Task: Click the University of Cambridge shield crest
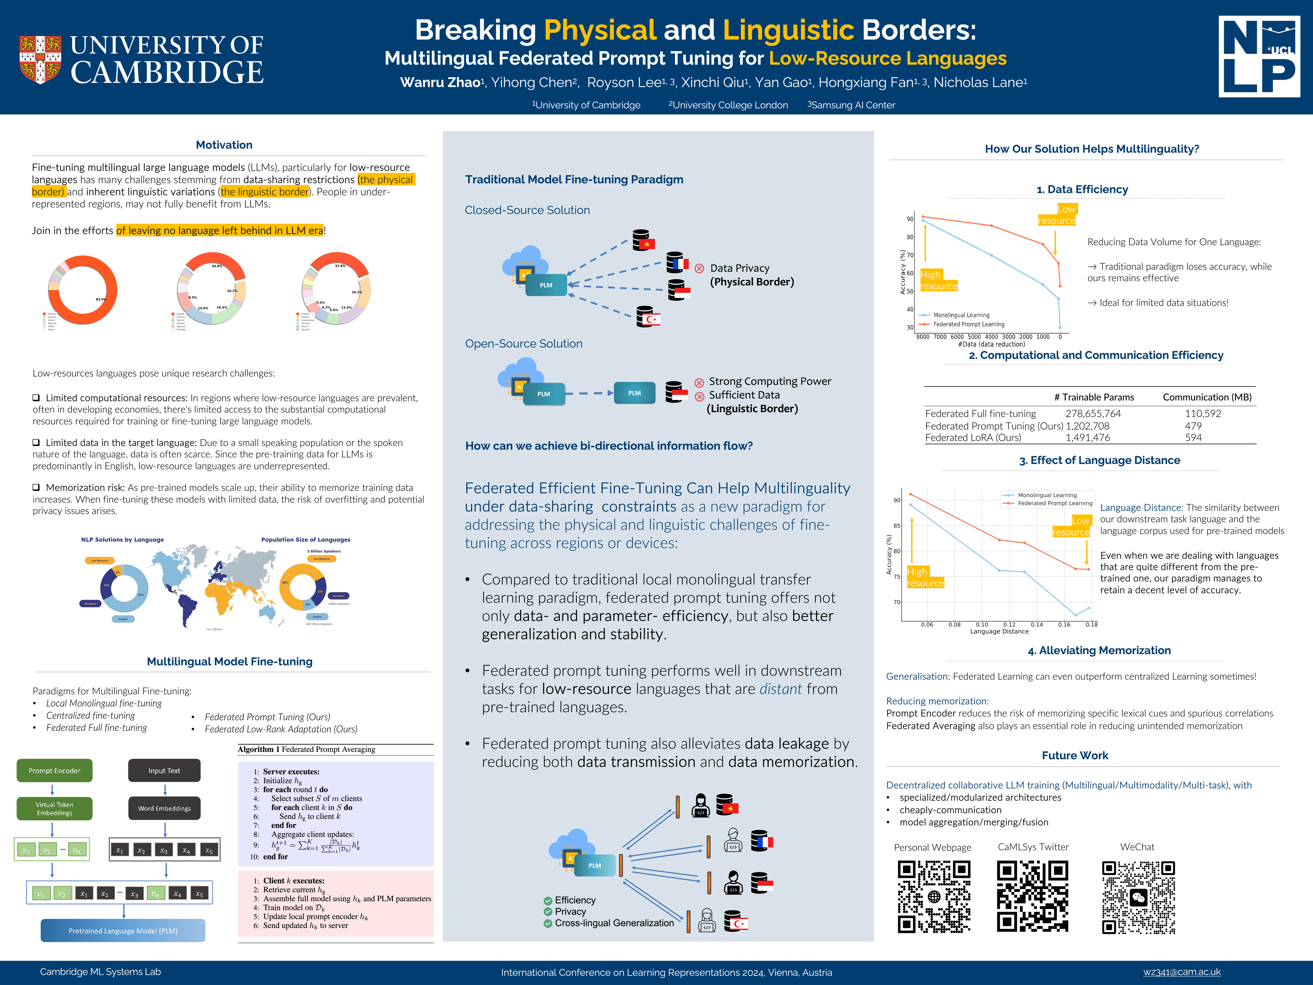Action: pyautogui.click(x=40, y=60)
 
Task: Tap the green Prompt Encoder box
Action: pyautogui.click(x=55, y=771)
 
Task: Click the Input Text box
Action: pyautogui.click(x=164, y=771)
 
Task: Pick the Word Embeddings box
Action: pyautogui.click(x=164, y=808)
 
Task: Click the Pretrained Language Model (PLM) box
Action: pyautogui.click(x=123, y=930)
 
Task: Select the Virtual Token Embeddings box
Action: pyautogui.click(x=55, y=809)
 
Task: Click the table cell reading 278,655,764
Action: pyautogui.click(x=1093, y=413)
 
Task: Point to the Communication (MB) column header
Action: pyautogui.click(x=1207, y=397)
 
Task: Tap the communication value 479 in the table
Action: pyautogui.click(x=1193, y=426)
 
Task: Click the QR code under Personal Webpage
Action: pyautogui.click(x=934, y=896)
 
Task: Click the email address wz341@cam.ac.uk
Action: pyautogui.click(x=1182, y=972)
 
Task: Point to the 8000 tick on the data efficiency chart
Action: pyautogui.click(x=923, y=337)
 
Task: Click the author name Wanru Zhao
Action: pyautogui.click(x=440, y=82)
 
